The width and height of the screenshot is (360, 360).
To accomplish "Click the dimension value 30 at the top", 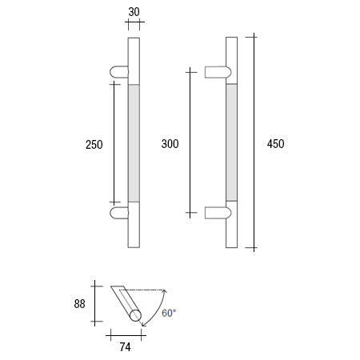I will click(x=134, y=12).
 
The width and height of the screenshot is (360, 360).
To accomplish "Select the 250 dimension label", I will click(x=94, y=144).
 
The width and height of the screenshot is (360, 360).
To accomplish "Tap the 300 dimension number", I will click(x=169, y=144).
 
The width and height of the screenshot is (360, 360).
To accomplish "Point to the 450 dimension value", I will click(x=275, y=144).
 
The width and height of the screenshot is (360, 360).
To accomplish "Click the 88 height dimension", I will click(x=78, y=303).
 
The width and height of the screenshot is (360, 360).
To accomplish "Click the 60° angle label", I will click(x=169, y=313).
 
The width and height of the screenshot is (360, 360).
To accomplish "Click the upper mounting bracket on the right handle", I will click(x=218, y=73).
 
